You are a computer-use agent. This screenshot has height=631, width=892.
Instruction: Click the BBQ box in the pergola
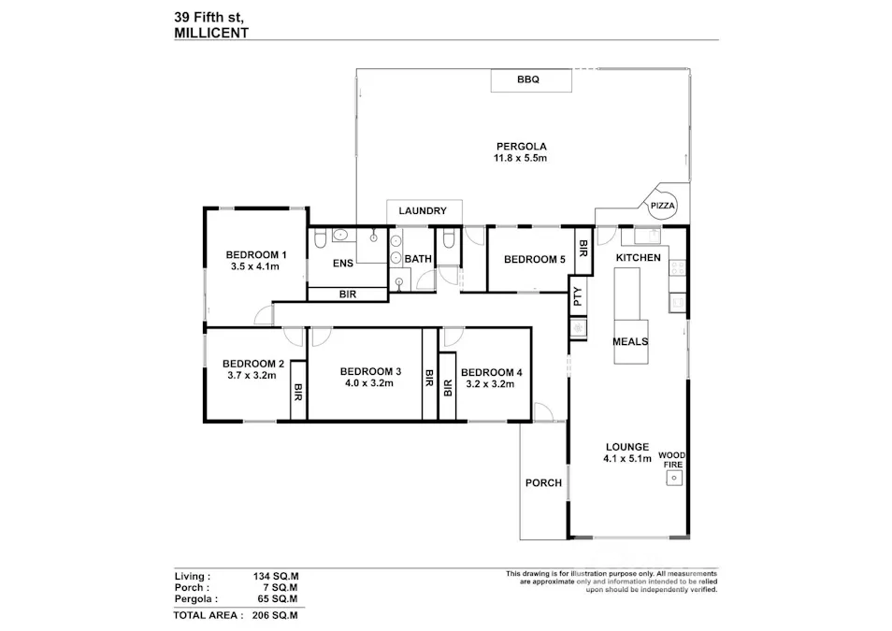528,80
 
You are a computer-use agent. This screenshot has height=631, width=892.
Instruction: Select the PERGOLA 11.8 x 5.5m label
521,152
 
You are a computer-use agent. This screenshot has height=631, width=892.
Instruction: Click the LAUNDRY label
423,211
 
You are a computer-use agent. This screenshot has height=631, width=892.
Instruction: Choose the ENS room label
343,264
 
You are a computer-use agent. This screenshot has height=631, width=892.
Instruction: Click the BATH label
417,259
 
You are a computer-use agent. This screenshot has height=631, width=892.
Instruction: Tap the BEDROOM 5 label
534,260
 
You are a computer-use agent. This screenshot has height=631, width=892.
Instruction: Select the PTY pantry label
578,297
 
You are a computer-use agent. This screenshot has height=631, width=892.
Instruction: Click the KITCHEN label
638,258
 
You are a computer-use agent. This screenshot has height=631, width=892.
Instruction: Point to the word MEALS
630,342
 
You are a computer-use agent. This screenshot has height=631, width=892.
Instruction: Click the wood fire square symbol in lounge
673,478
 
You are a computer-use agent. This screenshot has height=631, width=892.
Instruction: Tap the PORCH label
543,483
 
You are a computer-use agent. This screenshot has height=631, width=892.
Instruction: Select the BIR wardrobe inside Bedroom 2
298,391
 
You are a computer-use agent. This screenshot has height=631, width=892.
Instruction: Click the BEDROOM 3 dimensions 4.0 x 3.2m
370,382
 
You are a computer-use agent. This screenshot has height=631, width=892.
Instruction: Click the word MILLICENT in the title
211,32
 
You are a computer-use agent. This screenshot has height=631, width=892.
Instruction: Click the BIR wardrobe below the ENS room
347,294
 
